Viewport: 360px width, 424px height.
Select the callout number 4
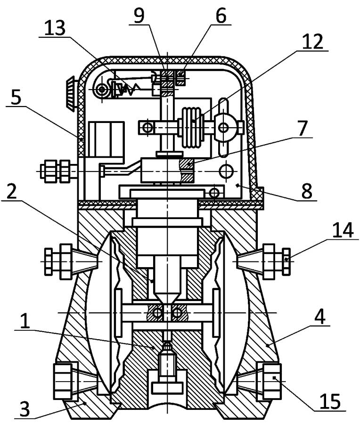pyautogui.click(x=319, y=317)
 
